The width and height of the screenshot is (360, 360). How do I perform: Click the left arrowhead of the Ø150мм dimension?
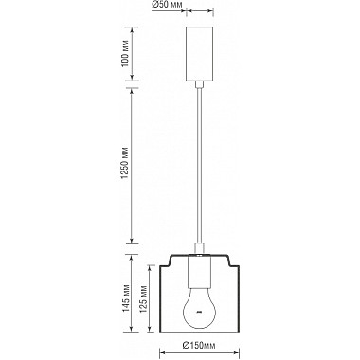[164, 344]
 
